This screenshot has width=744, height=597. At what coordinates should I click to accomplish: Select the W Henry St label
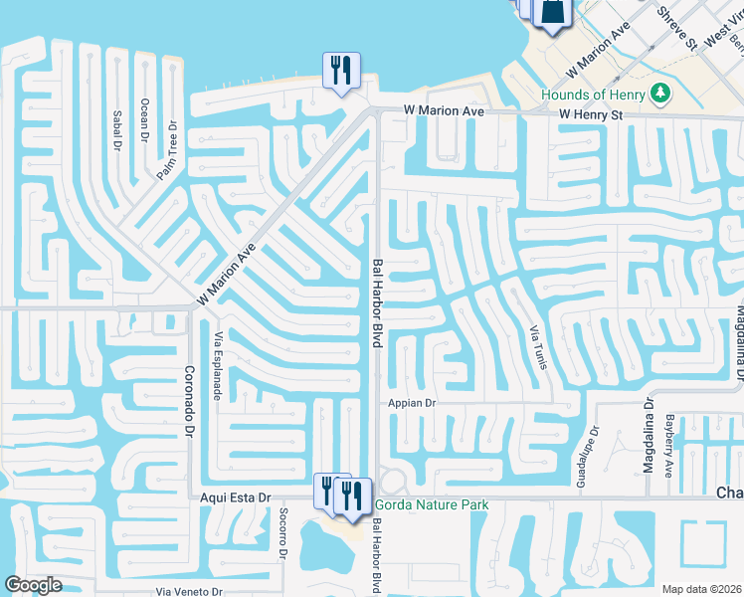pos(590,115)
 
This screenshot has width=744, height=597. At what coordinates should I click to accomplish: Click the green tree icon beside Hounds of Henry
pos(658,94)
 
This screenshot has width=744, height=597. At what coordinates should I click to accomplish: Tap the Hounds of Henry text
pos(593,95)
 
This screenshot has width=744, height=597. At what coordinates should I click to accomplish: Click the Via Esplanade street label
pos(217,365)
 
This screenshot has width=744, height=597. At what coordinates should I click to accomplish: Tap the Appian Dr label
pos(412,404)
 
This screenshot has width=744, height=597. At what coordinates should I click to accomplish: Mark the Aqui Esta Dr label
pos(236,497)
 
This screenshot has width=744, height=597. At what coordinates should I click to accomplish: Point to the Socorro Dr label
pos(282,539)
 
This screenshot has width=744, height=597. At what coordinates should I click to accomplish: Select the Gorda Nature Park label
pos(431,504)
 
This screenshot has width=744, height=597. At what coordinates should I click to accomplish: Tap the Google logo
pos(32,585)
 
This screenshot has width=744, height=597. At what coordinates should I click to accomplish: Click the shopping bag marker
pos(550,12)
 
